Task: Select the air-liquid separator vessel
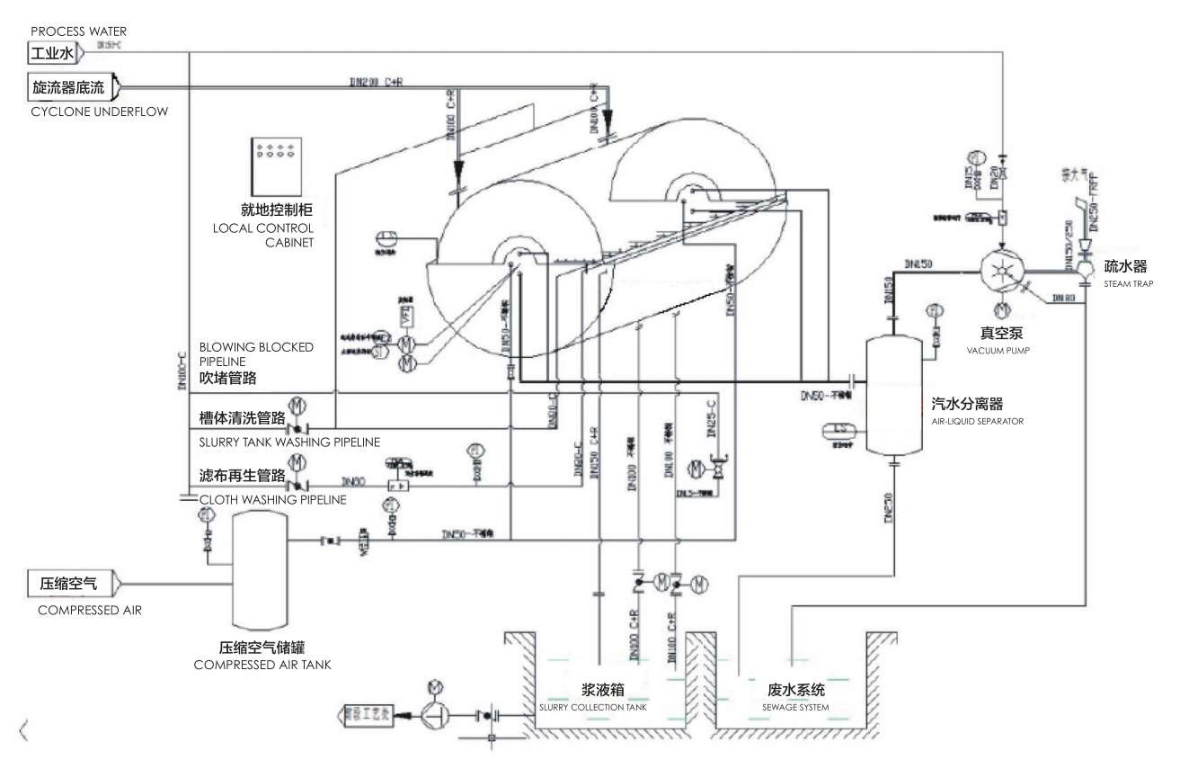coord(894,394)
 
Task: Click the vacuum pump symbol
coord(1004,268)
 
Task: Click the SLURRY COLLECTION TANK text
coord(592,707)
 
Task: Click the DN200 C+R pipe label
coord(377,80)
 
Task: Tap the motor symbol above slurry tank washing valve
coord(296,406)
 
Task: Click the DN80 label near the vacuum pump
coord(1064,296)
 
